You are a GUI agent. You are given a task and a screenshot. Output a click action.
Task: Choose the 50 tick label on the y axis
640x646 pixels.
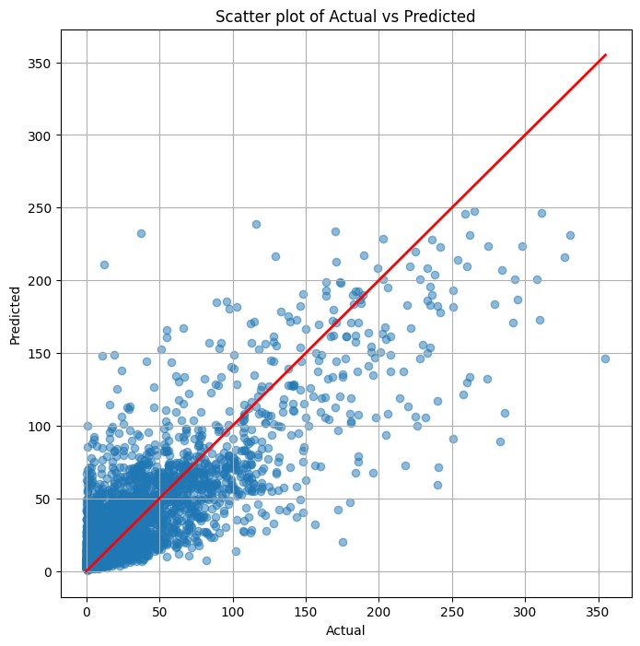44,499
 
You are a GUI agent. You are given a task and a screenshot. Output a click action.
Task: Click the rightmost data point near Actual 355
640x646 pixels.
605,358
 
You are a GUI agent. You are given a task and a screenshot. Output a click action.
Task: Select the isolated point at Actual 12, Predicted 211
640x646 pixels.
104,264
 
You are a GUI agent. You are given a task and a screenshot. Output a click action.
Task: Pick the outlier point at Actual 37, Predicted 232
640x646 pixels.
141,234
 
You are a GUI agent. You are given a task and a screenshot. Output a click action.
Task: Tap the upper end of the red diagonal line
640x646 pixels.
605,55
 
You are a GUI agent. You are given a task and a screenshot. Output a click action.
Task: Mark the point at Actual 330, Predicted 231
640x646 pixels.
570,235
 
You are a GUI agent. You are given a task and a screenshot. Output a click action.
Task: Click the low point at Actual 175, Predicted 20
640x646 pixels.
343,542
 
